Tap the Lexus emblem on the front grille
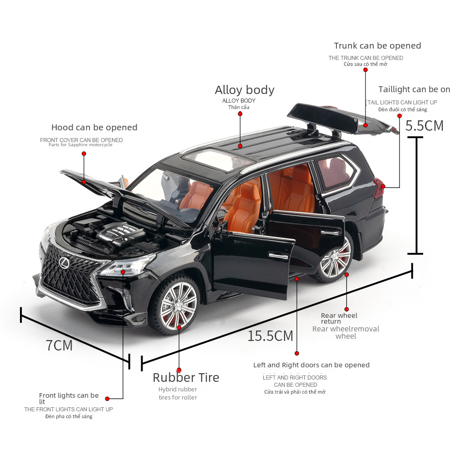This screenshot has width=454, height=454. click(x=63, y=262)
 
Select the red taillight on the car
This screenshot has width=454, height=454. click(x=379, y=188)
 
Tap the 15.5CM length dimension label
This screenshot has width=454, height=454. click(x=270, y=336)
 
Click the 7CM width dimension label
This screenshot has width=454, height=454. click(x=59, y=345)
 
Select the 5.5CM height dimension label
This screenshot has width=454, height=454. click(x=424, y=126)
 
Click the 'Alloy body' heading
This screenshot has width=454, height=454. click(x=244, y=90)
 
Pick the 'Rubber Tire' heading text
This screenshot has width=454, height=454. click(x=186, y=377)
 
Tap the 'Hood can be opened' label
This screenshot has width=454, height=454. click(x=94, y=128)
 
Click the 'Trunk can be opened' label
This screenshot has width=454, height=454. click(x=377, y=46)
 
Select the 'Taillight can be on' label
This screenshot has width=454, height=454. click(x=414, y=89)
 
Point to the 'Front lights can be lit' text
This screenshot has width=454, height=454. click(x=69, y=398)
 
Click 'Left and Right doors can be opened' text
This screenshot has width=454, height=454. click(x=311, y=365)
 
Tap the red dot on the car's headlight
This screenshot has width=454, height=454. click(x=123, y=272)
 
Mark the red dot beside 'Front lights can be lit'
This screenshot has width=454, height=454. click(x=108, y=399)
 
